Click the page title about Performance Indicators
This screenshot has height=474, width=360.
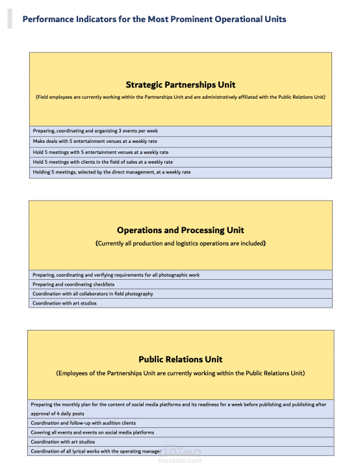coord(154,19)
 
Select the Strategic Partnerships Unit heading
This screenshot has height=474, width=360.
coord(180,84)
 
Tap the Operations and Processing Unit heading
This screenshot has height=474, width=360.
coord(180,230)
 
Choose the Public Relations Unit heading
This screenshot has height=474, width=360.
coord(180,359)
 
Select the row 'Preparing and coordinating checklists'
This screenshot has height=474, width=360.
coord(73,284)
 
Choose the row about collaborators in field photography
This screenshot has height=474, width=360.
coord(93,293)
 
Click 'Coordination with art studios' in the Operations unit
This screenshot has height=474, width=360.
coord(64,303)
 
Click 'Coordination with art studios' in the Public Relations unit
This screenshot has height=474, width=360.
coord(62,442)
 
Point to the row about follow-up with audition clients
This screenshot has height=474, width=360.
coord(83,423)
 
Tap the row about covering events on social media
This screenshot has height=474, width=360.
coord(92,432)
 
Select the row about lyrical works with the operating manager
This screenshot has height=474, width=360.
coord(96,451)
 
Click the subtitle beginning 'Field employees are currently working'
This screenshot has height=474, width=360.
coord(180,97)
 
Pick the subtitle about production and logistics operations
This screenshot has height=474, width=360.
coord(180,243)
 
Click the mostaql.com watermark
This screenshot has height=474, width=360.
coord(180,460)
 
